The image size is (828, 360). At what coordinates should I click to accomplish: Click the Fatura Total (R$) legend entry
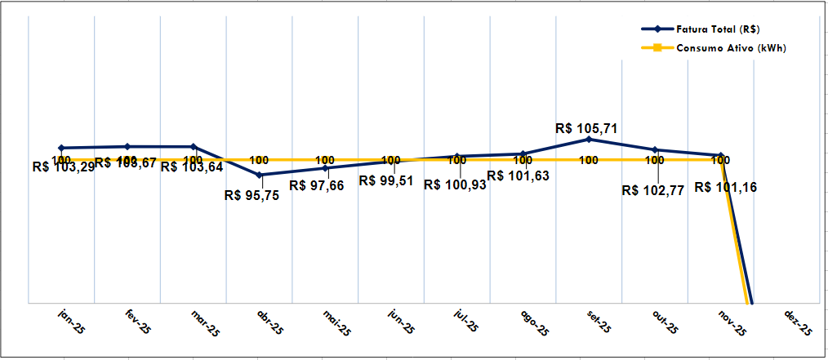(x=718, y=29)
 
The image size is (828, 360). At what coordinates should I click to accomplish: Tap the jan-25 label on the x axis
(x=72, y=322)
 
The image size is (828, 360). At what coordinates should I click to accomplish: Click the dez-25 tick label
(x=798, y=323)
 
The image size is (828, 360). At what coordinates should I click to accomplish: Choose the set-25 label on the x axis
(x=598, y=323)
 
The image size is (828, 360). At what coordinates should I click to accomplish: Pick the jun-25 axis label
(x=400, y=323)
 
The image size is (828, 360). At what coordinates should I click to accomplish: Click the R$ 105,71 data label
(x=585, y=128)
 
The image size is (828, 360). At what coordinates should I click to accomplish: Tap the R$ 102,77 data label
(x=652, y=190)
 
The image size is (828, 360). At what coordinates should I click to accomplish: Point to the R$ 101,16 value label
(x=725, y=187)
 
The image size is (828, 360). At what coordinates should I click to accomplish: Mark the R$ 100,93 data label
(x=455, y=185)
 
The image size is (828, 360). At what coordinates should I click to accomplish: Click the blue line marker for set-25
(x=589, y=140)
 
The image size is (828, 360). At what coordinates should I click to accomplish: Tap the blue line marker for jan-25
(x=61, y=148)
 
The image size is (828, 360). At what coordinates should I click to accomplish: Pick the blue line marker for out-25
(x=655, y=149)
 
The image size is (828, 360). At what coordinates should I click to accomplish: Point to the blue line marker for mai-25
(x=326, y=168)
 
